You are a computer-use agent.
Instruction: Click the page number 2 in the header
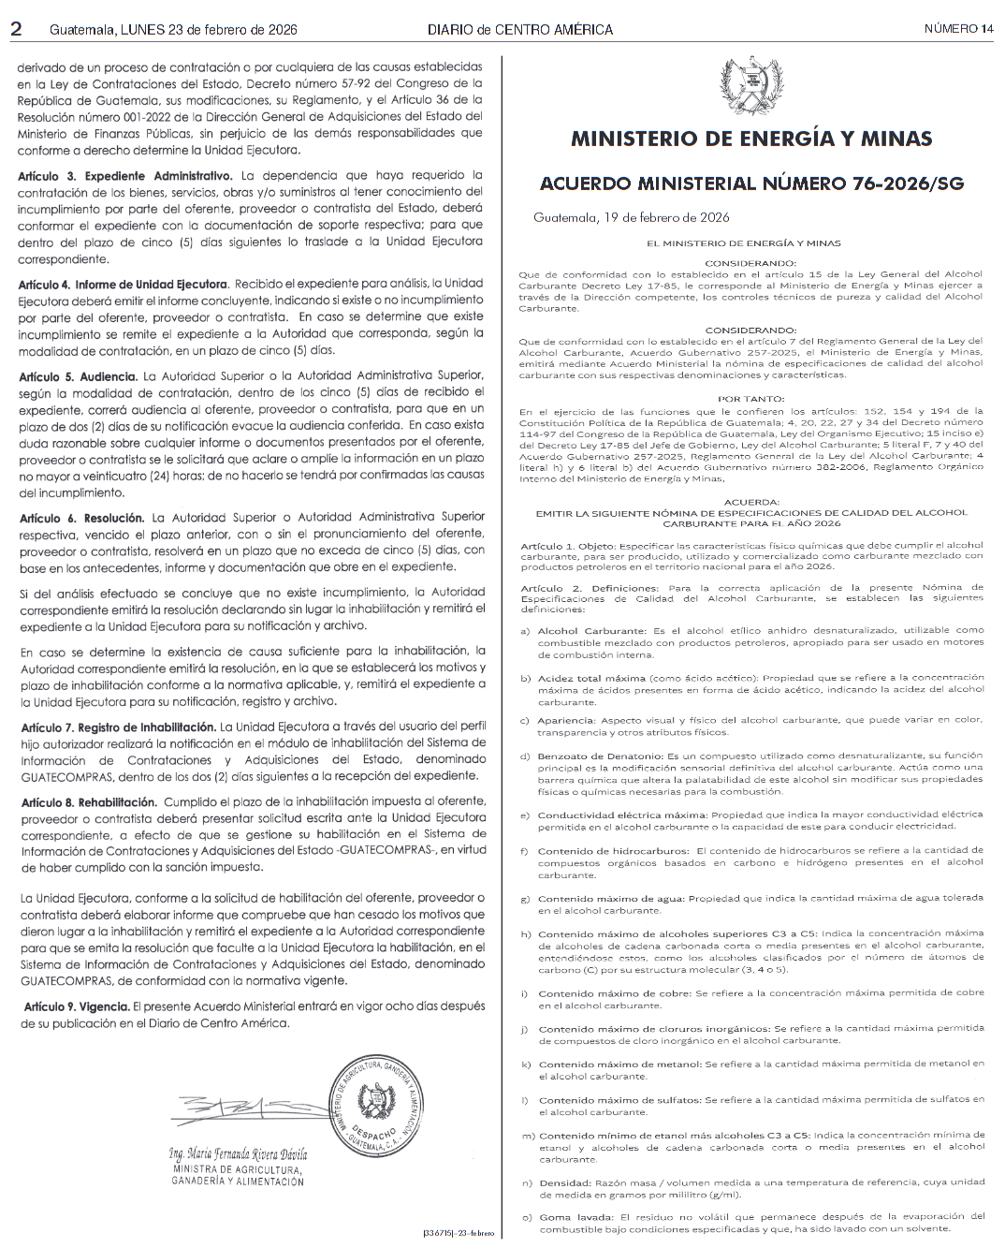tap(16, 29)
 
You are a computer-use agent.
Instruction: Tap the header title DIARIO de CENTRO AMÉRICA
tap(520, 29)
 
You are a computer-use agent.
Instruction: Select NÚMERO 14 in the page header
tap(958, 29)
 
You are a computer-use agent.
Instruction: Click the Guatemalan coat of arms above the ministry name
tap(751, 87)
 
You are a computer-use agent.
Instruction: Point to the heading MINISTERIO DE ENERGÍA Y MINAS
tap(751, 139)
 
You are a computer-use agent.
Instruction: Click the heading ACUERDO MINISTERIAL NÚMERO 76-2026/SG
tap(751, 183)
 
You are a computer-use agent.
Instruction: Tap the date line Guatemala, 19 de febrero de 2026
tap(632, 218)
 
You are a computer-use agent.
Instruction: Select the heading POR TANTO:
tap(751, 399)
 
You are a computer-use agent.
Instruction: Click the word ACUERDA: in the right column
tap(751, 502)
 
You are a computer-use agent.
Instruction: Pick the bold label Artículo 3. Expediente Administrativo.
tap(125, 176)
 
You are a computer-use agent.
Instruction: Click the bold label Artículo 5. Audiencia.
tap(78, 376)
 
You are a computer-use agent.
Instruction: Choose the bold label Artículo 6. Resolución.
tap(82, 518)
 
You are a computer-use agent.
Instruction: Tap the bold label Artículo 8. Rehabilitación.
tap(89, 802)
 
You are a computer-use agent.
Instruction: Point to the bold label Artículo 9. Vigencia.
tap(77, 1006)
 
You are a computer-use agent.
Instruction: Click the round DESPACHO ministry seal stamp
tap(378, 1106)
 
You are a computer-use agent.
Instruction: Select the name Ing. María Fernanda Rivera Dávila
tap(238, 1154)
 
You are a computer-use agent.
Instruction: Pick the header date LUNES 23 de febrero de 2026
tap(209, 29)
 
